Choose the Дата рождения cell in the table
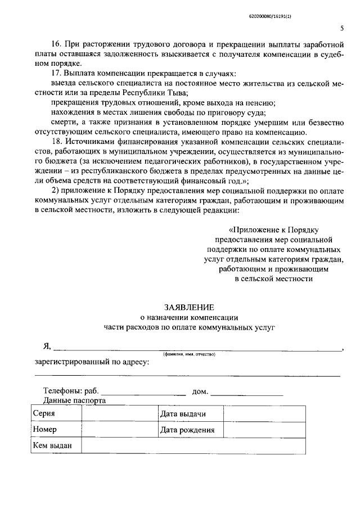(x=187, y=430)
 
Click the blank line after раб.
(x=143, y=391)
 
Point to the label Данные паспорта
(x=74, y=400)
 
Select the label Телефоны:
(x=63, y=391)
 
